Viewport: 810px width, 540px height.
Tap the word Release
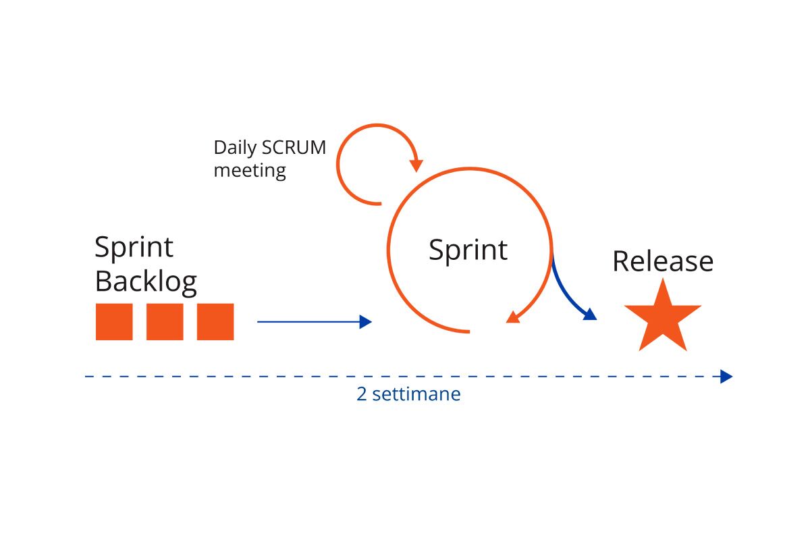(662, 261)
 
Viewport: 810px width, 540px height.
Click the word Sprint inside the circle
(468, 250)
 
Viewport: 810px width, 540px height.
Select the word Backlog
(146, 281)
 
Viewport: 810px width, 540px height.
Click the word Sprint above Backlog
(134, 247)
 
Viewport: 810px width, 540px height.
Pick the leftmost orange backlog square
(114, 322)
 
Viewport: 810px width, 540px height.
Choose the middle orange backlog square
(165, 322)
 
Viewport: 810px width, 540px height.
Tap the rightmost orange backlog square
(215, 322)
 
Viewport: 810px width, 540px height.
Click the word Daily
(236, 148)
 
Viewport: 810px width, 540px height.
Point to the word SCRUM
(294, 148)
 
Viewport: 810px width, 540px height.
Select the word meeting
(250, 170)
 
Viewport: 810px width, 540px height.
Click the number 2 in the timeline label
(362, 394)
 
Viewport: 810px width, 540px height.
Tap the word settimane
(416, 394)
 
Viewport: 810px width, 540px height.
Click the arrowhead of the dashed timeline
(726, 377)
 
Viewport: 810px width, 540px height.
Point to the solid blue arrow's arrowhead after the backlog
(366, 322)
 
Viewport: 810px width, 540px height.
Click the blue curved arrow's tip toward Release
(590, 314)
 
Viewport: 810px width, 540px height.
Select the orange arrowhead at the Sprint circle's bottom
(513, 317)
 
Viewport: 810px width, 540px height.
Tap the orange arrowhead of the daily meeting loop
(416, 165)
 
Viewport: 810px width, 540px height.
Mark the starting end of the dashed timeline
(86, 377)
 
